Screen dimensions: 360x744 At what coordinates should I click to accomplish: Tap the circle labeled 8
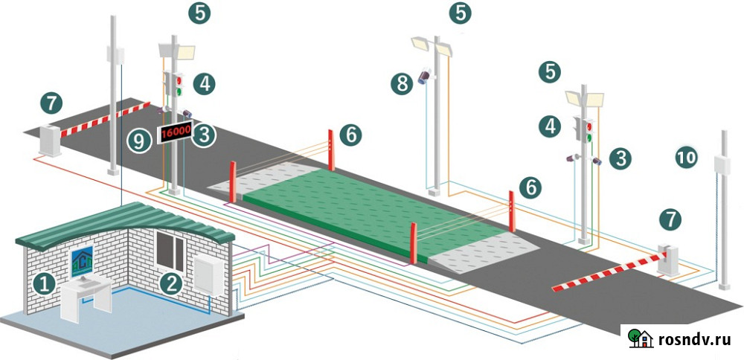pos(403,83)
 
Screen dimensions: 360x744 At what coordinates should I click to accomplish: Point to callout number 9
pos(138,140)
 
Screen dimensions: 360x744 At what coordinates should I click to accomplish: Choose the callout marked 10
pos(687,157)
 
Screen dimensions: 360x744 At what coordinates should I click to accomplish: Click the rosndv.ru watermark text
pos(694,340)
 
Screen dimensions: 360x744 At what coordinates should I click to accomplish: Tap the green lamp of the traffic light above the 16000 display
pos(179,91)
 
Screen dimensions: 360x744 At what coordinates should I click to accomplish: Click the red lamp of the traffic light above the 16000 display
pos(178,77)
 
